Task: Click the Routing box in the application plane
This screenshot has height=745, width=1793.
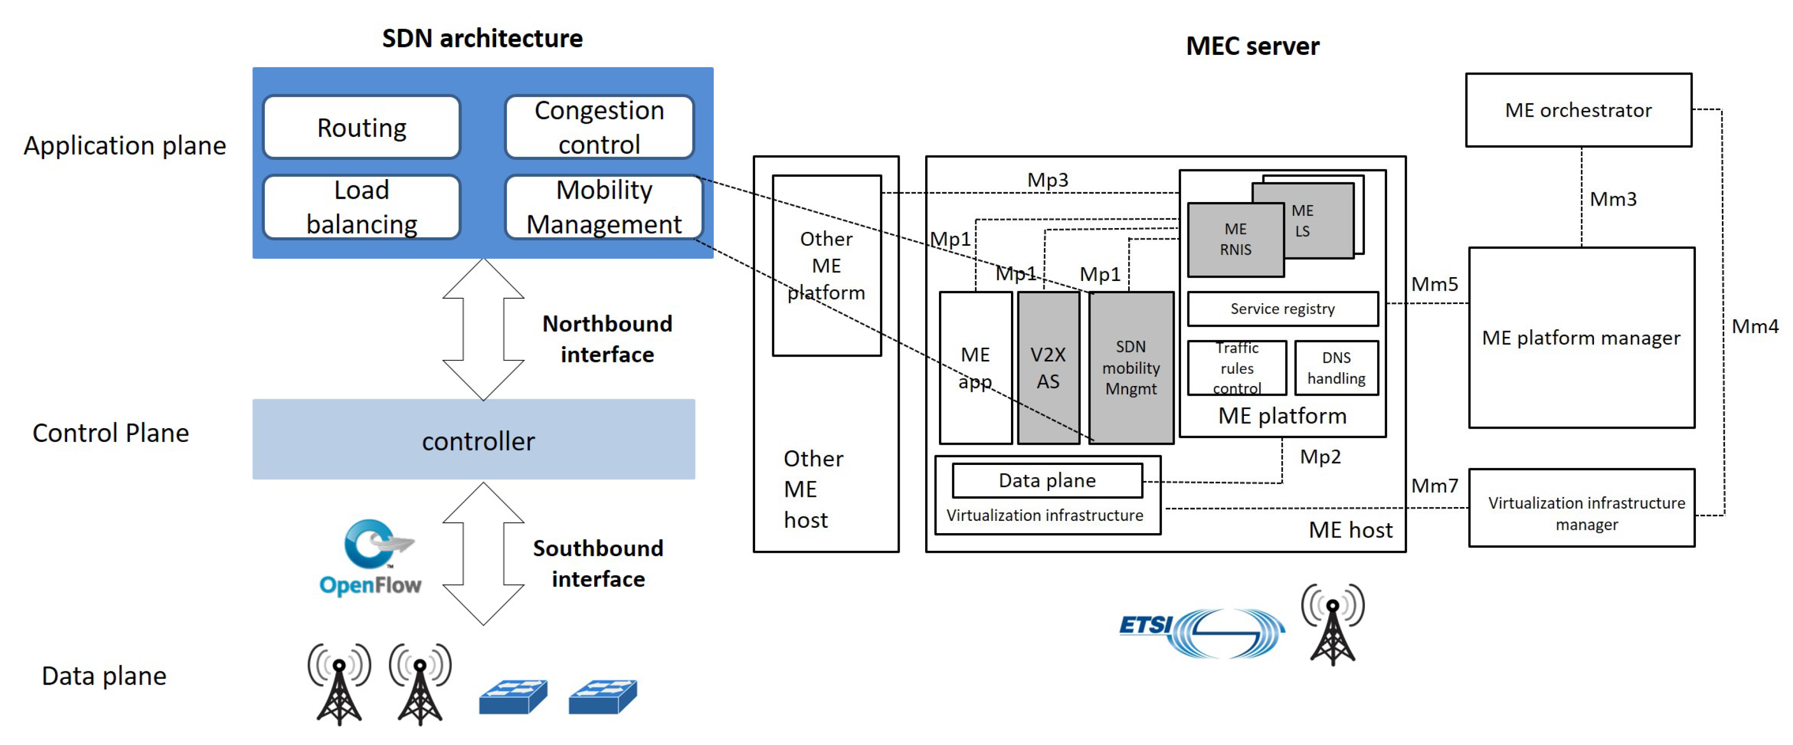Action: click(x=361, y=128)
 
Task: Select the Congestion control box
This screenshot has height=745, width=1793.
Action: click(x=599, y=128)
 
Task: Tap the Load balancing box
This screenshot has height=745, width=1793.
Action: click(x=361, y=207)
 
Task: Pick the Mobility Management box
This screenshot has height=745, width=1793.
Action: click(x=604, y=207)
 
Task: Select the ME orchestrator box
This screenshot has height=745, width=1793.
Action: click(x=1578, y=110)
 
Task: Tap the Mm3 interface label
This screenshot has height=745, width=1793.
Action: click(x=1613, y=199)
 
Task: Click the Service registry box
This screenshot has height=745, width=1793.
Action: click(x=1282, y=308)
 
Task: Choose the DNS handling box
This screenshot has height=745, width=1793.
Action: click(x=1336, y=368)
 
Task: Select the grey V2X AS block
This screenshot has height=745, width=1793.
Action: click(x=1048, y=368)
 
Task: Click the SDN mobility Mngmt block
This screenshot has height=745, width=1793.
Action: click(x=1131, y=368)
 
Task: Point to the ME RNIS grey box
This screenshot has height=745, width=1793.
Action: click(x=1236, y=239)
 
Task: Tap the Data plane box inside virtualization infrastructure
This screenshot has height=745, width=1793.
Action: click(x=1047, y=481)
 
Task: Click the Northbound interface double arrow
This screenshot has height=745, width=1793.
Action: click(x=483, y=329)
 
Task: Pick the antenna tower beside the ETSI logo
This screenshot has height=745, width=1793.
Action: click(x=1332, y=624)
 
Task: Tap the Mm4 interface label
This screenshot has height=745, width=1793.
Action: click(x=1754, y=326)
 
